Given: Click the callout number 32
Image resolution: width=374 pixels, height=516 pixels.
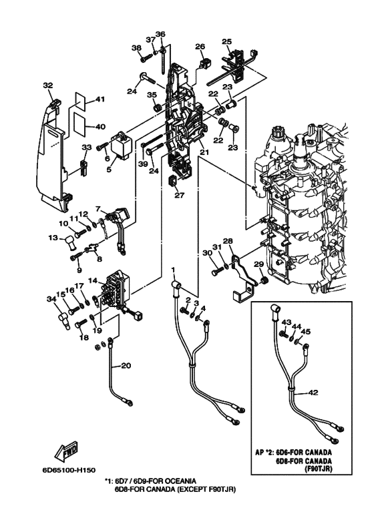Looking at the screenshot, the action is (x=48, y=85).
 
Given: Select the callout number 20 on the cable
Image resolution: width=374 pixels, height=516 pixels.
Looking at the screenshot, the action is (x=126, y=365).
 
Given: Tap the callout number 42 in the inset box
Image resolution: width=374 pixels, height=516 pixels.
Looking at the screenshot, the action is (x=314, y=393).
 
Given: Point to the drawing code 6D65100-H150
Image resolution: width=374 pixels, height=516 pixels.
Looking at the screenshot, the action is (x=69, y=471).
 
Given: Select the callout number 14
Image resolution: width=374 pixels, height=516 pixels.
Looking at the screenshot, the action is (x=93, y=280).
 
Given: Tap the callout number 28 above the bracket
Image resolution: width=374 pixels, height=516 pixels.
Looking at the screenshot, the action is (x=228, y=241).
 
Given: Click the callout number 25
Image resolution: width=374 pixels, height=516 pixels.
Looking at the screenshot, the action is (x=226, y=41).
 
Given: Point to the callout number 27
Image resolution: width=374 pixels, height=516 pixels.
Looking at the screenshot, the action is (x=180, y=195).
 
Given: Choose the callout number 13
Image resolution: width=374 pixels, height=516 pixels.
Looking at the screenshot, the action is (x=53, y=238).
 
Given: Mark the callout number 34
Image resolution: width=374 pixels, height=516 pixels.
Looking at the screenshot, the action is (x=51, y=299).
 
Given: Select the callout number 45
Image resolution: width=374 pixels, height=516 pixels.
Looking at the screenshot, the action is (x=306, y=332).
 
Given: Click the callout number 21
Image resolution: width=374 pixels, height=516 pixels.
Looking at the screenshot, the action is (x=204, y=152).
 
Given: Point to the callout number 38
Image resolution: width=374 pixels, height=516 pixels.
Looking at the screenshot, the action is (x=137, y=48).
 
